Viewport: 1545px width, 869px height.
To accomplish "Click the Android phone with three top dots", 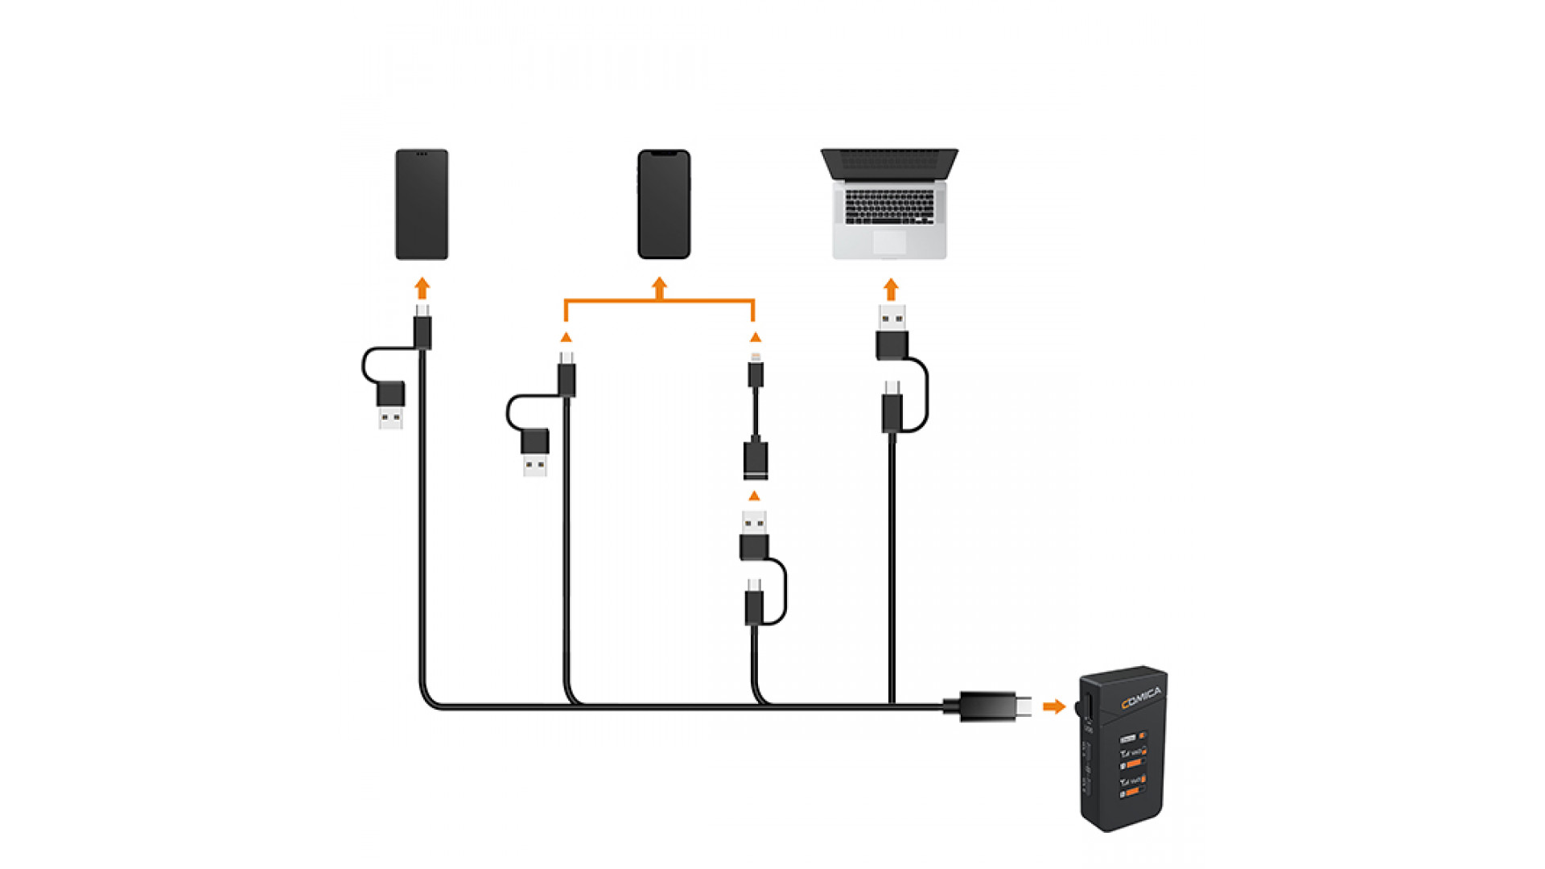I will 422,204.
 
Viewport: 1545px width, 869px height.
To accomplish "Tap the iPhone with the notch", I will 664,204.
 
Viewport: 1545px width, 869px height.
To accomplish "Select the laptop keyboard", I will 889,207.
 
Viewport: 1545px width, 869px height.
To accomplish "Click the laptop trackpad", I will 889,242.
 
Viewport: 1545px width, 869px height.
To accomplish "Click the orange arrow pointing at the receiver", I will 1053,706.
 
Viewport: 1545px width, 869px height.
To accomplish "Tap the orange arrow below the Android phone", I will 422,288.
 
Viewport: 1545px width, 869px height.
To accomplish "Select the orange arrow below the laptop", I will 891,289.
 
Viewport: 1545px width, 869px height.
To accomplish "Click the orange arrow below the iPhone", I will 660,287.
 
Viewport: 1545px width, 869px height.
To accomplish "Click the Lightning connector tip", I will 756,355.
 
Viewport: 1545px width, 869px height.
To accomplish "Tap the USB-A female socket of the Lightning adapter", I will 756,461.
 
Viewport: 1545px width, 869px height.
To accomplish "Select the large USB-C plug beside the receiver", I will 995,706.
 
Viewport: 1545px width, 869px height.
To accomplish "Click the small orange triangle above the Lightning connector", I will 755,337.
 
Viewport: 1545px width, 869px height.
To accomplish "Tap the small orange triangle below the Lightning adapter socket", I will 754,496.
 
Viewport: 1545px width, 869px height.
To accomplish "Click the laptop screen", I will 889,164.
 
